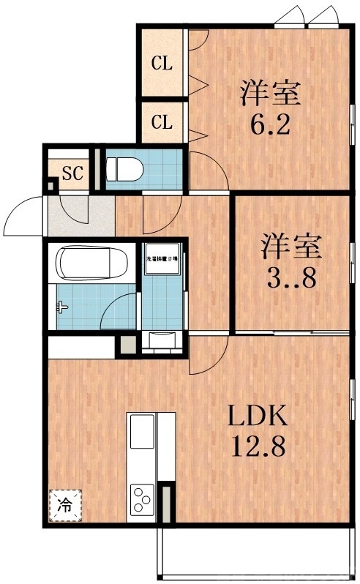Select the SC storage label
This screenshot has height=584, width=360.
click(x=72, y=173)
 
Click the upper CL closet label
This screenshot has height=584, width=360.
click(x=162, y=64)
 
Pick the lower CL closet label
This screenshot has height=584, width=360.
click(x=162, y=122)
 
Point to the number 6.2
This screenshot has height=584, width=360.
click(x=271, y=122)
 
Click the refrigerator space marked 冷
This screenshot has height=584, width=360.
click(x=65, y=504)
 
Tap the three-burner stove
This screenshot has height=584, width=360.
click(x=141, y=502)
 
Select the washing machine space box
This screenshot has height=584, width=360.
click(x=161, y=260)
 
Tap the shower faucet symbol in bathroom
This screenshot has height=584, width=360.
click(x=62, y=307)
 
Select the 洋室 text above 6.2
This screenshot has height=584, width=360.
click(x=271, y=94)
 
